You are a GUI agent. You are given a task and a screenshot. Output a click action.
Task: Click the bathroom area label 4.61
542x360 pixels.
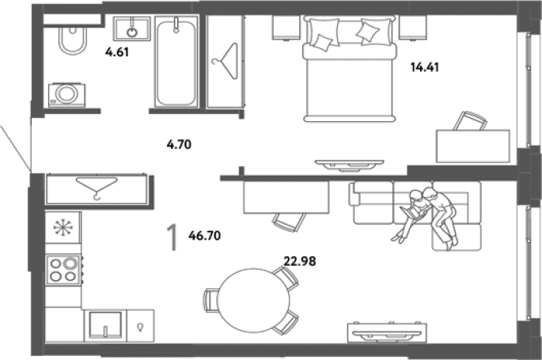(x=117, y=52)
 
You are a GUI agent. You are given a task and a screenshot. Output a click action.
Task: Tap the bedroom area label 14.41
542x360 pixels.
(x=425, y=66)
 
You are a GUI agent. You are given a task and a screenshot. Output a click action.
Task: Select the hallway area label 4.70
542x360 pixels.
(x=179, y=144)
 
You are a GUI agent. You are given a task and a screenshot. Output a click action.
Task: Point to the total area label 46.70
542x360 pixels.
(x=205, y=236)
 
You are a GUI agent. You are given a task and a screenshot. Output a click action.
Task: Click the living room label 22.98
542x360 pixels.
(x=300, y=261)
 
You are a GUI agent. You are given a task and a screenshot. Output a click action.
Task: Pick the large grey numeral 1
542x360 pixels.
(x=172, y=237)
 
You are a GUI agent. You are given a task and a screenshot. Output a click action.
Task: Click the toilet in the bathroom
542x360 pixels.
(x=72, y=40)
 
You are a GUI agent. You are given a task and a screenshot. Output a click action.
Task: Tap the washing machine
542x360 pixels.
(x=66, y=95)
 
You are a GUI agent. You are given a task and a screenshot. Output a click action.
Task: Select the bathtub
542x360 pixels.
(x=176, y=62)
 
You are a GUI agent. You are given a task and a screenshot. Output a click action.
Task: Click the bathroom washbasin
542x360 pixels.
(x=131, y=28)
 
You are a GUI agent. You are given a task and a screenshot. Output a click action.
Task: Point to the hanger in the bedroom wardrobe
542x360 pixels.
(x=225, y=62)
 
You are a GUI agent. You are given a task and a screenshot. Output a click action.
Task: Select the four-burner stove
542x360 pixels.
(x=63, y=270)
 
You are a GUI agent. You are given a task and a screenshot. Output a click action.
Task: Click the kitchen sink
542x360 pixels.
(x=105, y=325)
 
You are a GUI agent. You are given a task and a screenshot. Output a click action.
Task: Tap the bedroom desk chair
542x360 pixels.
(x=470, y=121)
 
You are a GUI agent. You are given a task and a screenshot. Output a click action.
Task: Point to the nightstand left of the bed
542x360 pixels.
(x=286, y=28)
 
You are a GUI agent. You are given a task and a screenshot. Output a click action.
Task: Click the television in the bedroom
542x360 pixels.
(x=349, y=165)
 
